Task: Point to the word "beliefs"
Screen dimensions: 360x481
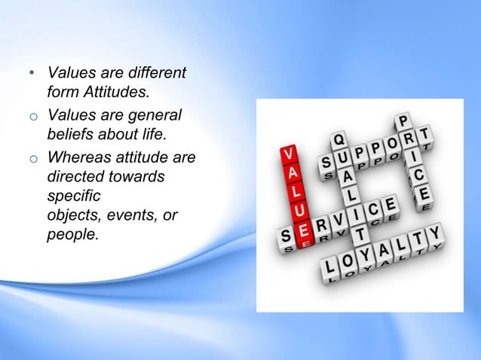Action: click(70, 134)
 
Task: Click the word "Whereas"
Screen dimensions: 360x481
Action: click(80, 159)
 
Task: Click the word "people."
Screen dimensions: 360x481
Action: click(72, 234)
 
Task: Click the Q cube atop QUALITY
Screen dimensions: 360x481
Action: click(341, 141)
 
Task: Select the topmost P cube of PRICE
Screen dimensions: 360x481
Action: click(404, 121)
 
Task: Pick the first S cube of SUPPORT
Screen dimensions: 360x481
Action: click(328, 163)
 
